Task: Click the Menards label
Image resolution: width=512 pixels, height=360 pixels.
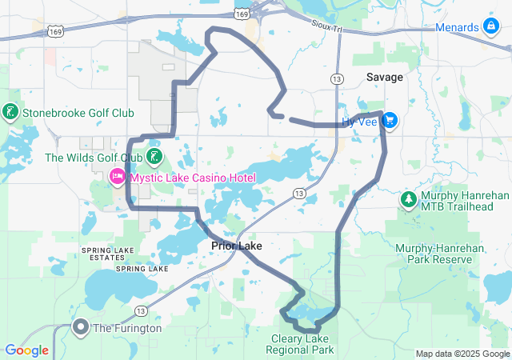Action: (457, 27)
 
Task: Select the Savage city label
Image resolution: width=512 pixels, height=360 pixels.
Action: (385, 77)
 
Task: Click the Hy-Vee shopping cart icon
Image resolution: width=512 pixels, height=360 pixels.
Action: (390, 121)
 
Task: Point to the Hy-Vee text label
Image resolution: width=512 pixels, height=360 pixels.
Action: (359, 122)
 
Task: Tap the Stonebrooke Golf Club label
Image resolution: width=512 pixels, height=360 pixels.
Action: (78, 113)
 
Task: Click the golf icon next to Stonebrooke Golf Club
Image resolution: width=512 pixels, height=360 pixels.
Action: (10, 112)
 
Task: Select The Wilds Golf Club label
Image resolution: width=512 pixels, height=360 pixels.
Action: (94, 157)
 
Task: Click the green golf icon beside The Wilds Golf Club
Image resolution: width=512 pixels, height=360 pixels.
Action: (154, 156)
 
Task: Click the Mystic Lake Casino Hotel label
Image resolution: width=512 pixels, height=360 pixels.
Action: (193, 177)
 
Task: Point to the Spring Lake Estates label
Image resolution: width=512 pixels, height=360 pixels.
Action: (109, 254)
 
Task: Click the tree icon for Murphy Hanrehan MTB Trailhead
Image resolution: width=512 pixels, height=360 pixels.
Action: (408, 198)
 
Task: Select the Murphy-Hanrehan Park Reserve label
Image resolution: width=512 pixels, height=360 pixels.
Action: (439, 254)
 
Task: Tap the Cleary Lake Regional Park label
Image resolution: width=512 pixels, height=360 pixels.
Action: (302, 345)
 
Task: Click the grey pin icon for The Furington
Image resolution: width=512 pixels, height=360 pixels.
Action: (81, 327)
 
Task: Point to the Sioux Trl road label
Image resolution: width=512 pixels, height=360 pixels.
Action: (326, 27)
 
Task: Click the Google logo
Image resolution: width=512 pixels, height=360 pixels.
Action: (26, 350)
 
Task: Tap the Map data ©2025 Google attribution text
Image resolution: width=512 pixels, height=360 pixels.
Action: (462, 354)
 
